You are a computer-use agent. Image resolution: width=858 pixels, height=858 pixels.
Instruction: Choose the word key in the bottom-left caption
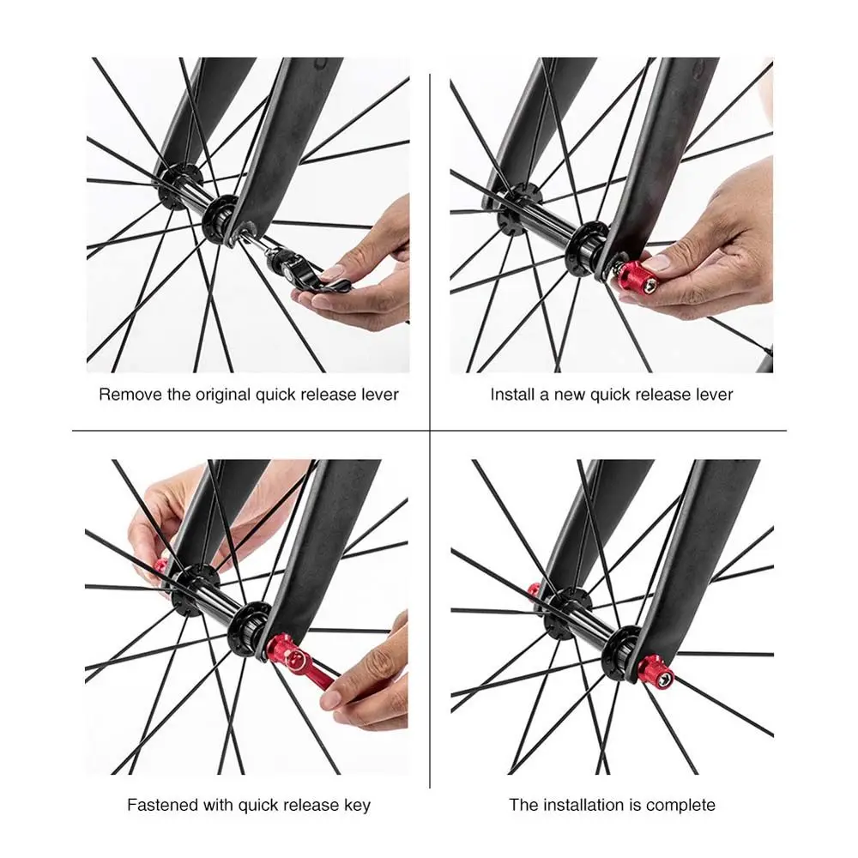[358, 805]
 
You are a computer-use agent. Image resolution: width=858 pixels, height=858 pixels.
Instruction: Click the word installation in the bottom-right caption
[584, 805]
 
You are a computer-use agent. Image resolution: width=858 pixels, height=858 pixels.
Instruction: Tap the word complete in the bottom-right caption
[680, 805]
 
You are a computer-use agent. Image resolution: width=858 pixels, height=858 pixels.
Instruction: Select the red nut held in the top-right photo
[635, 278]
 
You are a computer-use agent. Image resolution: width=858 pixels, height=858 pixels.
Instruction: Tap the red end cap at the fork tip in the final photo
[656, 672]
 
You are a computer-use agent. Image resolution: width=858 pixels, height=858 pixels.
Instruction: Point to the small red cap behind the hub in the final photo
[534, 590]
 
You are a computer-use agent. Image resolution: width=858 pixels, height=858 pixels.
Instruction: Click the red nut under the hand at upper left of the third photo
[161, 566]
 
